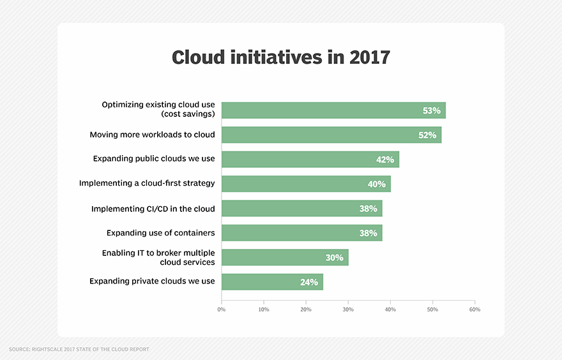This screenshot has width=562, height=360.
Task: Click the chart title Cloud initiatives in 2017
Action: click(280, 57)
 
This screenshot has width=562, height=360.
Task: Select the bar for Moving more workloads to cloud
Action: click(331, 135)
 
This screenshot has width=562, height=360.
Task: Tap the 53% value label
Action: click(432, 110)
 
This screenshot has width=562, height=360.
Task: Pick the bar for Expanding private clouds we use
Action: click(272, 281)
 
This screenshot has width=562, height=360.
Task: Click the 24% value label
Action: click(309, 282)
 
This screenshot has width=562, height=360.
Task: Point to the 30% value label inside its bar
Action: click(334, 258)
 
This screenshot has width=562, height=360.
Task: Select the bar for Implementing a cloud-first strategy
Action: click(306, 184)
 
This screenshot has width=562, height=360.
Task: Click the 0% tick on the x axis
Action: click(222, 310)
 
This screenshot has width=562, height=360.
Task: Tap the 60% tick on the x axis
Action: click(475, 310)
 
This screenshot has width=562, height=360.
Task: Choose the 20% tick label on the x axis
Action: click(306, 310)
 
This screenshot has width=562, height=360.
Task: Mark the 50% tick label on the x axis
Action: click(432, 310)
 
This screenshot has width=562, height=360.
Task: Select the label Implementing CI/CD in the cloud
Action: click(153, 209)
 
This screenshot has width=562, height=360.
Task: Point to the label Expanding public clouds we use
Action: click(153, 159)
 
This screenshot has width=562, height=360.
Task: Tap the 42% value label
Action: click(385, 160)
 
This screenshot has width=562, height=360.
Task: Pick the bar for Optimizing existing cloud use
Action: click(333, 110)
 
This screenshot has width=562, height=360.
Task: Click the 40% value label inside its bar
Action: click(377, 184)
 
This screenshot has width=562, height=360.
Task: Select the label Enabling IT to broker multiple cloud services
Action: click(158, 257)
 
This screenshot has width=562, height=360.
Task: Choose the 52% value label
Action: click(427, 135)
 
